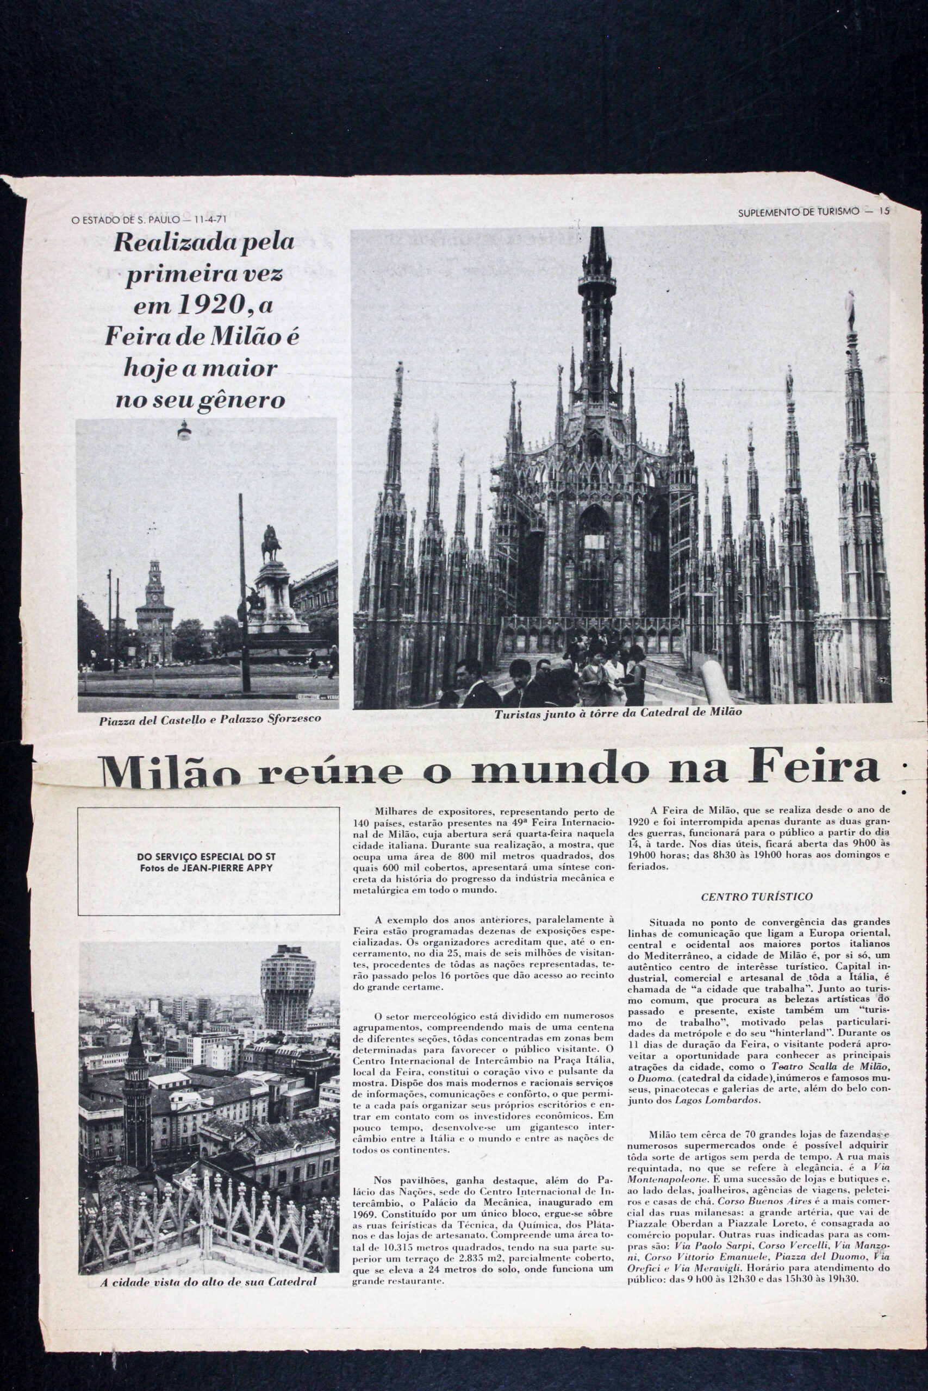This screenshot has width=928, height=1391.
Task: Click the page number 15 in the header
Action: pyautogui.click(x=884, y=211)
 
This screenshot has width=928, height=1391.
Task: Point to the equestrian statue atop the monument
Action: pyautogui.click(x=271, y=542)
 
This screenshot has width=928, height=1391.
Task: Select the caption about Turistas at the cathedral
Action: pyautogui.click(x=618, y=713)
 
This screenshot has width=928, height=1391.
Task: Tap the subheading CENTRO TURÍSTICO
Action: pyautogui.click(x=756, y=896)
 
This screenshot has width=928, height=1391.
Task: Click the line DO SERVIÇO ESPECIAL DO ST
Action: pyautogui.click(x=206, y=856)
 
